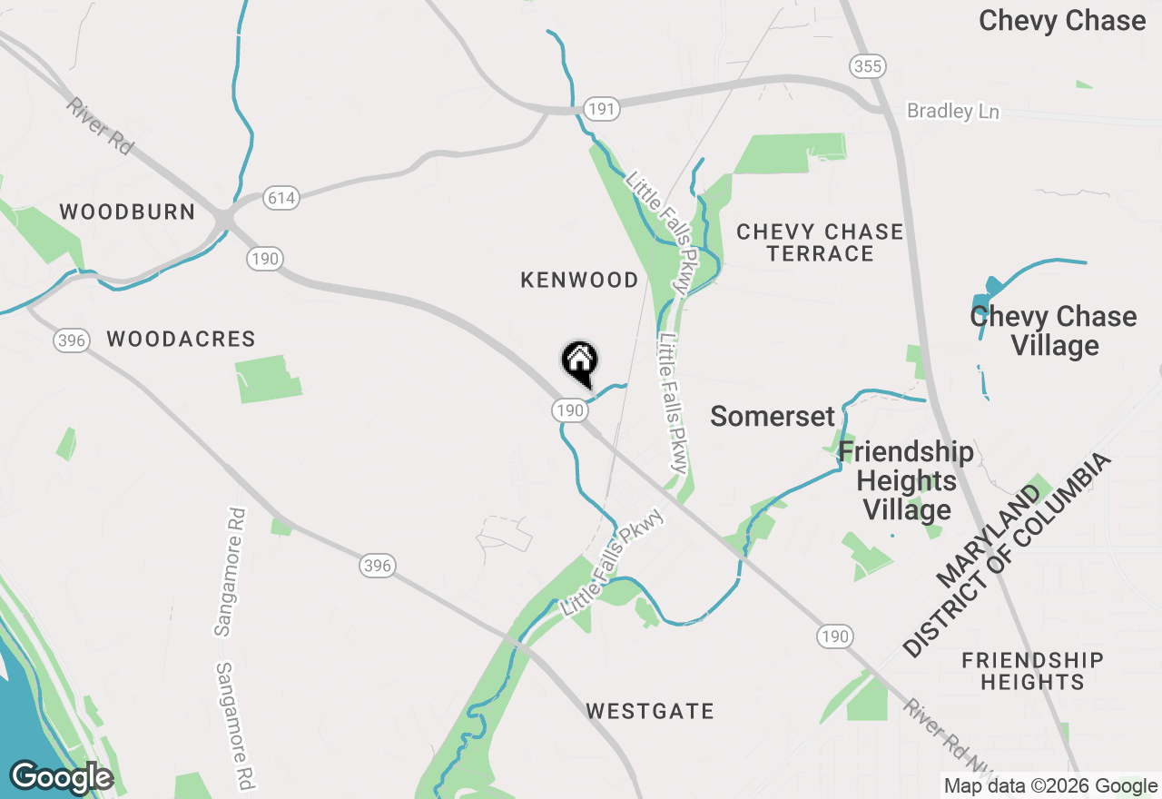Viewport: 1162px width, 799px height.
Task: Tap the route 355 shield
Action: (x=868, y=66)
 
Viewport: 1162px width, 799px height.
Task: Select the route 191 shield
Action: (x=601, y=109)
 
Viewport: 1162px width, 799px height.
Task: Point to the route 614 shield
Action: (x=281, y=198)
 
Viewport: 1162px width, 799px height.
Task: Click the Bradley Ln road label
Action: (x=953, y=112)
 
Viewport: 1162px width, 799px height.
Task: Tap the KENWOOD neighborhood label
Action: (x=579, y=281)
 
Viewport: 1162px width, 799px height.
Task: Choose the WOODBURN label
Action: (x=127, y=212)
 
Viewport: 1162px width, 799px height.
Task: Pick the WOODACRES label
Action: (x=181, y=340)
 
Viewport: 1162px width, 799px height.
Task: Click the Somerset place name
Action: (x=772, y=417)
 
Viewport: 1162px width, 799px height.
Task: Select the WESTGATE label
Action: (x=650, y=711)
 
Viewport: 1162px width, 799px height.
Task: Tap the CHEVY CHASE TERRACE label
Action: (x=820, y=242)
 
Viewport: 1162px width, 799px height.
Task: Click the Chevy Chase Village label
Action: (x=1053, y=330)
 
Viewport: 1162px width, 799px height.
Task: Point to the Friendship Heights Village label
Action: (x=906, y=480)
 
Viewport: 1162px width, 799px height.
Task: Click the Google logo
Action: (x=61, y=777)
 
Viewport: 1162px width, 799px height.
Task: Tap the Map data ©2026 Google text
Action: (x=1049, y=786)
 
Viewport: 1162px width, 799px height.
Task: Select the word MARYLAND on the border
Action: (x=990, y=536)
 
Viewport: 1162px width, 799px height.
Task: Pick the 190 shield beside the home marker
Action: (x=569, y=410)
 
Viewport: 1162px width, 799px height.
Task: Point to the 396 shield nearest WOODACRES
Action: (x=71, y=341)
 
